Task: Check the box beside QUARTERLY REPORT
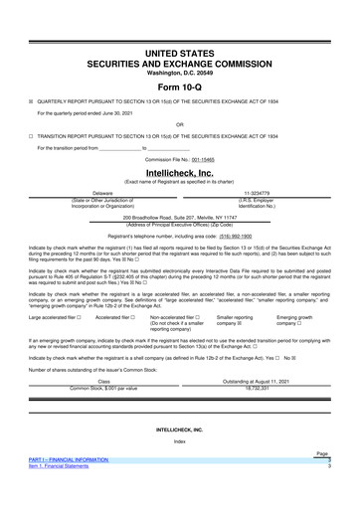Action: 31,100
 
